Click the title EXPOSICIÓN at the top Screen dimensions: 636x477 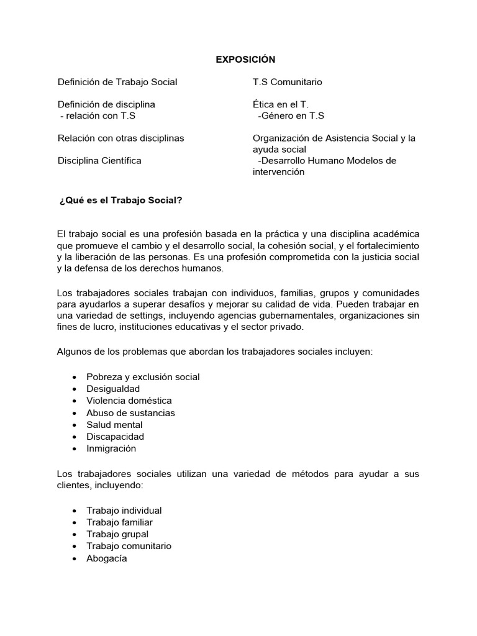click(x=245, y=60)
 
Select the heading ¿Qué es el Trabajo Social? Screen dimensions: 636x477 click(x=120, y=201)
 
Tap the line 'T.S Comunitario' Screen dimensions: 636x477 click(x=287, y=82)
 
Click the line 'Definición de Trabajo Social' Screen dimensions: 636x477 click(x=117, y=82)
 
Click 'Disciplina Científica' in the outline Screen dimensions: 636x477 click(x=99, y=160)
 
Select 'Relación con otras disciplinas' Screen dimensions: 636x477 click(x=120, y=138)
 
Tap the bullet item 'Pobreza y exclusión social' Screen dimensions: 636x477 click(x=143, y=377)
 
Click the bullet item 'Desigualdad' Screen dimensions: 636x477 click(x=113, y=389)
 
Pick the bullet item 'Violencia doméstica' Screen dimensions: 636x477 click(x=129, y=401)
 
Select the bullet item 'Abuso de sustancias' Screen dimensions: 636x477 click(x=130, y=412)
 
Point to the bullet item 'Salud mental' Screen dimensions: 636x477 click(x=114, y=425)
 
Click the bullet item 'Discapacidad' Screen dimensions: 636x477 click(x=116, y=437)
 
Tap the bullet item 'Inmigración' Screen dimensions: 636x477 click(x=111, y=448)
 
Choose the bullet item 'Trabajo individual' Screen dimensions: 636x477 click(x=124, y=511)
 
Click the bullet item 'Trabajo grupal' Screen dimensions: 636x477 click(x=117, y=534)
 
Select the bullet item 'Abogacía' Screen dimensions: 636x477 click(x=107, y=558)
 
